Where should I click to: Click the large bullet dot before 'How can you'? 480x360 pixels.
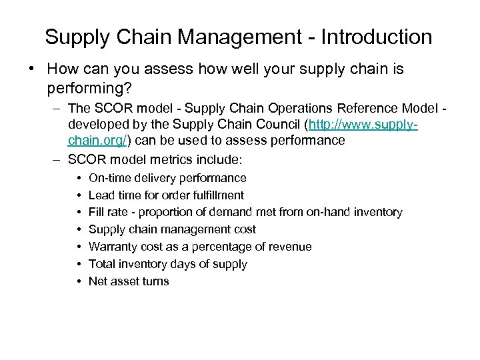(32, 69)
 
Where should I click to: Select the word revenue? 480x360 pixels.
(290, 247)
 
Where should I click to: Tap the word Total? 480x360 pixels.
(101, 264)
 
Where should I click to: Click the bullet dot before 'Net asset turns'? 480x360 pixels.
(79, 281)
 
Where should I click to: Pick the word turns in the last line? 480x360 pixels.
(155, 281)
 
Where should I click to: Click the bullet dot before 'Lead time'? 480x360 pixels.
(79, 195)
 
